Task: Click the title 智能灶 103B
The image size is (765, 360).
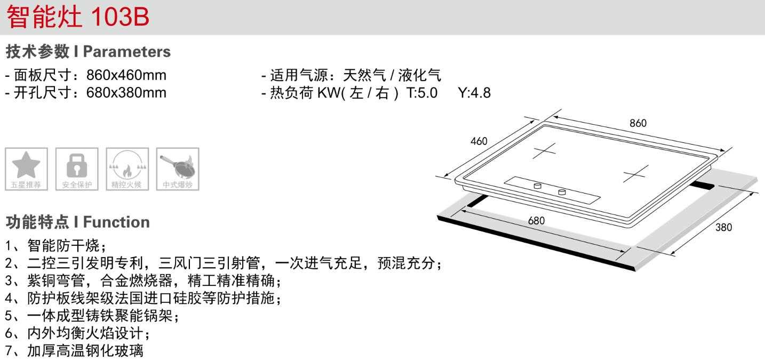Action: pyautogui.click(x=78, y=17)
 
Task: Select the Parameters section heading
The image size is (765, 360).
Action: pyautogui.click(x=88, y=52)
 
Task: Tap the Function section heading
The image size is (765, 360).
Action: pyautogui.click(x=78, y=221)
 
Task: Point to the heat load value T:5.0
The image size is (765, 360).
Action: pyautogui.click(x=421, y=93)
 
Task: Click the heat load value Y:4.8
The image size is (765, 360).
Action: pyautogui.click(x=474, y=93)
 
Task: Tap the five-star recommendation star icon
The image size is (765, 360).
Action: pyautogui.click(x=26, y=165)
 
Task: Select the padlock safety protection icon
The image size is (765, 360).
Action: pyautogui.click(x=77, y=165)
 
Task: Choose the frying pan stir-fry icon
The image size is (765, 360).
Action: pyautogui.click(x=178, y=165)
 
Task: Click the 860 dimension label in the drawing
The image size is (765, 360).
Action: pyautogui.click(x=637, y=123)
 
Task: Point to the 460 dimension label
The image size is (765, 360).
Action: pyautogui.click(x=479, y=141)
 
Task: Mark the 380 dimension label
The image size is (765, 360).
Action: pyautogui.click(x=723, y=227)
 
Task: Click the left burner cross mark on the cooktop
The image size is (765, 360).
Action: pyautogui.click(x=545, y=150)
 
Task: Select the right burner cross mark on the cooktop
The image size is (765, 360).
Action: pyautogui.click(x=635, y=173)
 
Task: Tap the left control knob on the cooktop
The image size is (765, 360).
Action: pyautogui.click(x=537, y=186)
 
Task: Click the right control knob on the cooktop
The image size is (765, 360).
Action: pyautogui.click(x=562, y=191)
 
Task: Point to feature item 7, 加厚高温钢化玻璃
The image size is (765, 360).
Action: pyautogui.click(x=75, y=351)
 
